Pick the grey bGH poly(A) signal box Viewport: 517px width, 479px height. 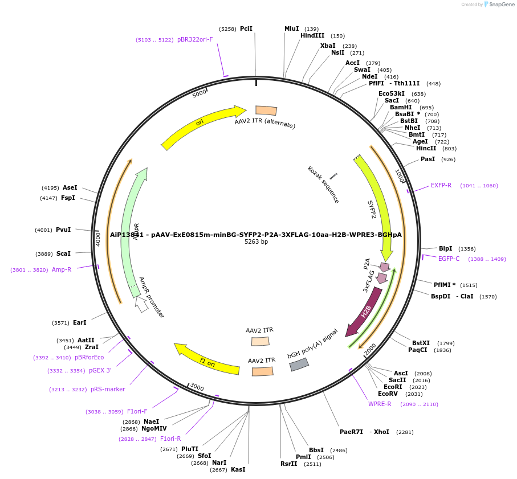299,364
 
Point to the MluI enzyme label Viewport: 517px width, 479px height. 291,28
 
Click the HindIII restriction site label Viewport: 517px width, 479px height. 312,36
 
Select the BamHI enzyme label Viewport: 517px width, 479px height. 401,108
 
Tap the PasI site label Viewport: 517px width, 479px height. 428,159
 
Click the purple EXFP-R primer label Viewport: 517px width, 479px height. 441,185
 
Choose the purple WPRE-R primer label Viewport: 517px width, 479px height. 380,404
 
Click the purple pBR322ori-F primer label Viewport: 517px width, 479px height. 195,40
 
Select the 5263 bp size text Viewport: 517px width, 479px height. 256,242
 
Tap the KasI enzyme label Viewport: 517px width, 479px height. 238,469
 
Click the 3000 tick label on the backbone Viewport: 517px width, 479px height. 197,387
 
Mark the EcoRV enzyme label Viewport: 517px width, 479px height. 388,394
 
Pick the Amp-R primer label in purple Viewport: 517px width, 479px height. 62,269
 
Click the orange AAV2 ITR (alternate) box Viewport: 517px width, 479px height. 266,110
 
